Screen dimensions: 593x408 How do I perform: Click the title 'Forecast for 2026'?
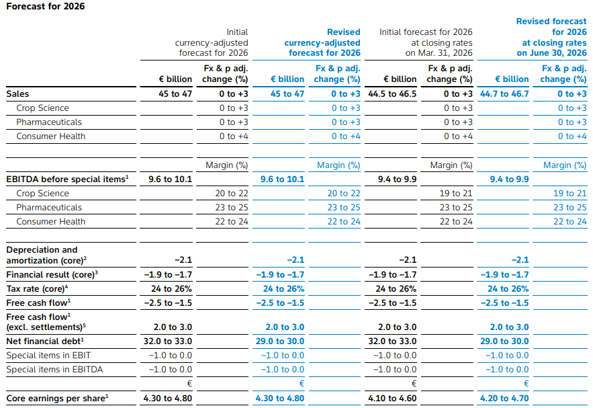pyautogui.click(x=46, y=7)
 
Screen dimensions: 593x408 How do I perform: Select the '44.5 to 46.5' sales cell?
pyautogui.click(x=392, y=94)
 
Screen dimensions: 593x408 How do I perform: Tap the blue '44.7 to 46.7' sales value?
pyautogui.click(x=504, y=94)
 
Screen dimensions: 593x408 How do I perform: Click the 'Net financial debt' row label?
pyautogui.click(x=45, y=341)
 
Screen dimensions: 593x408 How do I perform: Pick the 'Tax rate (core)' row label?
pyautogui.click(x=37, y=289)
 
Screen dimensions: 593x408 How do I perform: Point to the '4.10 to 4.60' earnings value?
pyautogui.click(x=392, y=398)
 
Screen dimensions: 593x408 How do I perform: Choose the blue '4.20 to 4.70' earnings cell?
pyautogui.click(x=504, y=398)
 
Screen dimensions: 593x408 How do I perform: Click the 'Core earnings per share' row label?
pyautogui.click(x=58, y=398)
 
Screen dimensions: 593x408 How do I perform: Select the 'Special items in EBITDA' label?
pyautogui.click(x=54, y=370)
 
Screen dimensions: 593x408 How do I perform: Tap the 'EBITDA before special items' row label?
pyautogui.click(x=67, y=179)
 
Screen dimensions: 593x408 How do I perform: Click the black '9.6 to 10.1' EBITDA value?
pyautogui.click(x=170, y=179)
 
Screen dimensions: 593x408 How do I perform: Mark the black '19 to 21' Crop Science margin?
pyautogui.click(x=456, y=194)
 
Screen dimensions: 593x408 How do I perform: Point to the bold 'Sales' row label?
pyautogui.click(x=17, y=94)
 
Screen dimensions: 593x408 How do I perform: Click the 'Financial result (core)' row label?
pyautogui.click(x=52, y=274)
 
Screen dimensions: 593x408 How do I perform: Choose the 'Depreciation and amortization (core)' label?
pyautogui.click(x=46, y=255)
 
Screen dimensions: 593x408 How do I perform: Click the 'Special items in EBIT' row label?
pyautogui.click(x=48, y=356)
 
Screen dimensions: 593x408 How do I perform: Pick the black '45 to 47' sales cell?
pyautogui.click(x=175, y=94)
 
